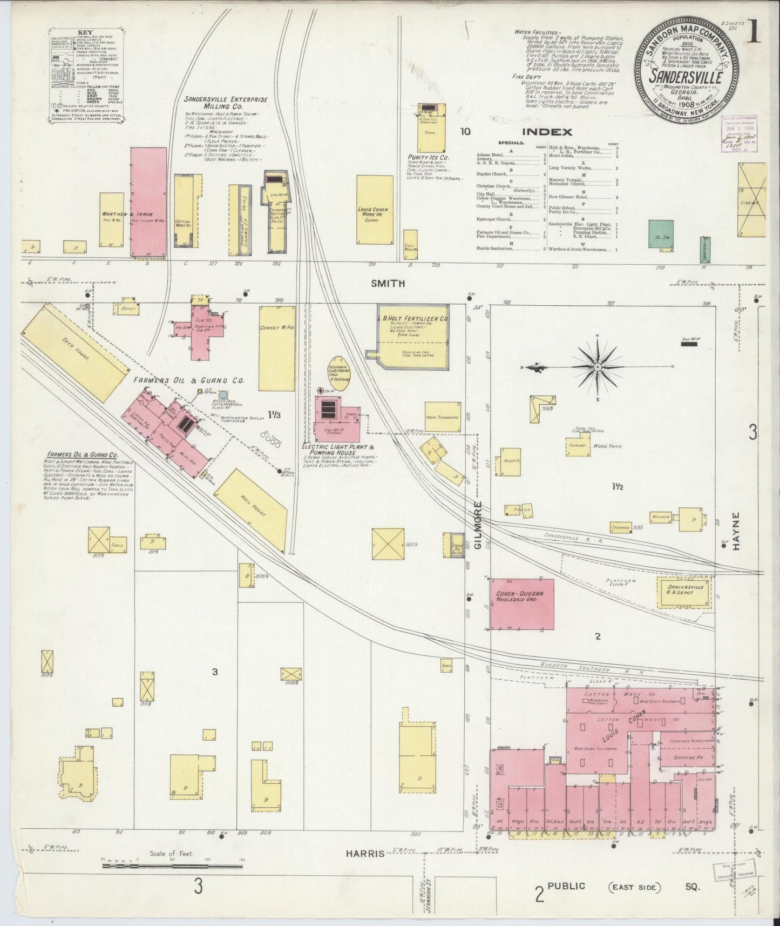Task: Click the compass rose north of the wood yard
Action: coord(598,367)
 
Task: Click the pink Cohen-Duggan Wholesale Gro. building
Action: coord(522,603)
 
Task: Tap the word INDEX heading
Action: coord(546,131)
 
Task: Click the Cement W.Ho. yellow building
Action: coord(276,348)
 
